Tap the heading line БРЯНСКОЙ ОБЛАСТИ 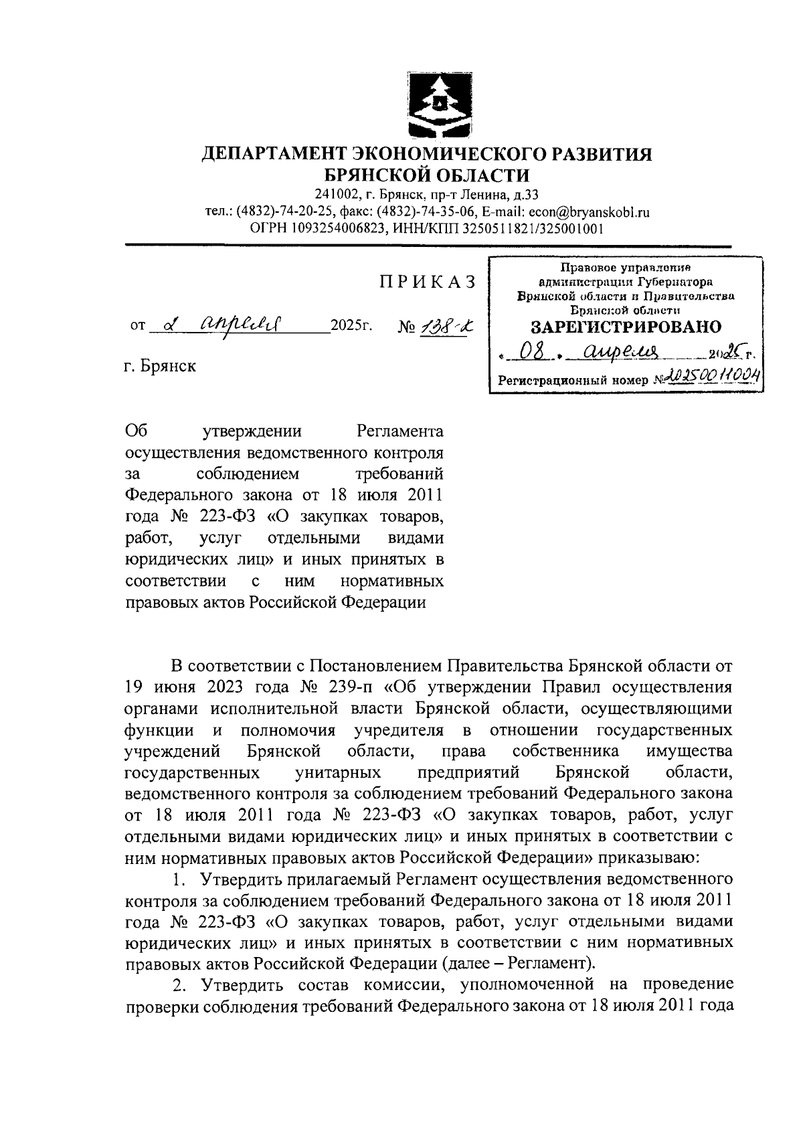(x=427, y=176)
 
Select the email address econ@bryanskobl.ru (x=589, y=212)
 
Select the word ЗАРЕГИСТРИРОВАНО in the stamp (x=626, y=327)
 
